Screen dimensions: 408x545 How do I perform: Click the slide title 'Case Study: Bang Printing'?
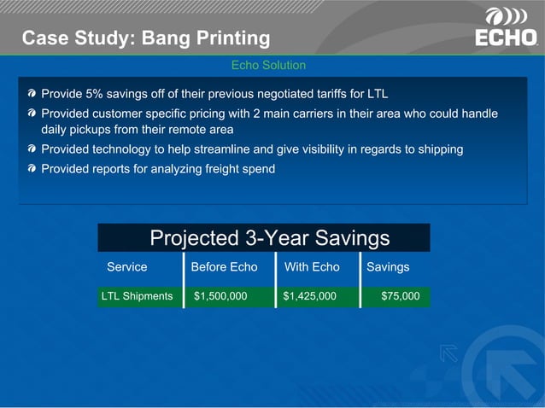pos(145,38)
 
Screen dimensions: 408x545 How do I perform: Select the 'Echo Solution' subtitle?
pos(268,65)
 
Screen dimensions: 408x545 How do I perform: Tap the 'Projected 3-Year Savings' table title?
pos(269,238)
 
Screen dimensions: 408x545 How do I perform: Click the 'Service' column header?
pos(126,267)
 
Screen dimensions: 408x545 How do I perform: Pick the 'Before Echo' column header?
pos(224,267)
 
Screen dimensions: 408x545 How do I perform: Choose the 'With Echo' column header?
pos(312,267)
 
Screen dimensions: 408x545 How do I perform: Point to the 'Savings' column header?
pos(388,267)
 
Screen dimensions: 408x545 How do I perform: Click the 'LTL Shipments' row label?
pos(137,296)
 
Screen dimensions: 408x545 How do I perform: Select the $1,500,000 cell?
pos(220,296)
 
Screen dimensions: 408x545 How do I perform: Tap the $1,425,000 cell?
pos(309,296)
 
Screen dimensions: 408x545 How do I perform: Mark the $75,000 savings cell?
pos(400,296)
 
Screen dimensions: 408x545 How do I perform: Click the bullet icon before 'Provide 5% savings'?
pos(32,93)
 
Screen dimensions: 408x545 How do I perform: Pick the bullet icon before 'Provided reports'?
pos(32,170)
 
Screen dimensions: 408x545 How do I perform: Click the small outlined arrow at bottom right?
pos(448,353)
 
